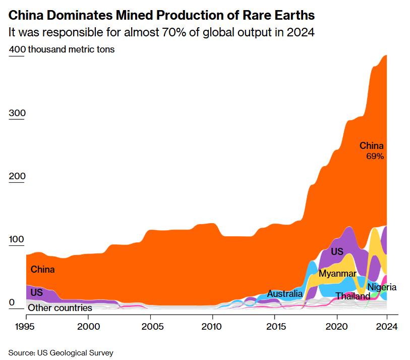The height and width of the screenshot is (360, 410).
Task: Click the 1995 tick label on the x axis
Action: (26, 326)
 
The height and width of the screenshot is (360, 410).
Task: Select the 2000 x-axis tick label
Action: (88, 326)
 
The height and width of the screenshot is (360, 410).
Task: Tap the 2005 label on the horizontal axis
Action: (150, 326)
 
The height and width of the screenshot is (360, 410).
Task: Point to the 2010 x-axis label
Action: (212, 326)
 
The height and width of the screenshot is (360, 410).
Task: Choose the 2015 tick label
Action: (274, 326)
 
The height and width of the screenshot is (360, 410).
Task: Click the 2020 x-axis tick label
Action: (336, 326)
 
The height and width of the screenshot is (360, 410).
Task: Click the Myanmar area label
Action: (337, 274)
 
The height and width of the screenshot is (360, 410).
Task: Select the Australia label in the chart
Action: (285, 293)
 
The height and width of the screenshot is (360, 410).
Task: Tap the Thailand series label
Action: (353, 296)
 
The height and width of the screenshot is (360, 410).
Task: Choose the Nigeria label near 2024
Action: (382, 287)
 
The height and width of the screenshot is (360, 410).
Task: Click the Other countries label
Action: (60, 307)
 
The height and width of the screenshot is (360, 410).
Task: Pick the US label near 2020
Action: (337, 251)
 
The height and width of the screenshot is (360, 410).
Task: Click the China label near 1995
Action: (42, 270)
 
